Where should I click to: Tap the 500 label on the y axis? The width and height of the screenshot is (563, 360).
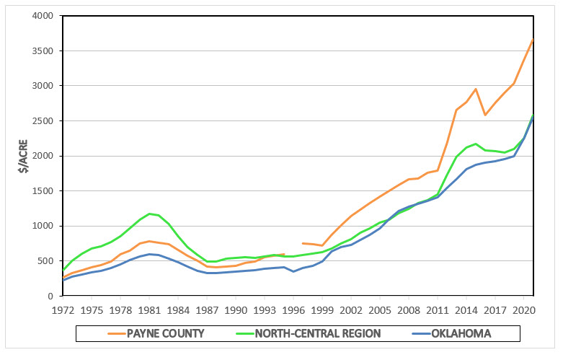(48, 261)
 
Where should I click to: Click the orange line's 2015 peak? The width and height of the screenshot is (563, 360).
(476, 89)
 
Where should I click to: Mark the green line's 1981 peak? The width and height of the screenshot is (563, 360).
(149, 214)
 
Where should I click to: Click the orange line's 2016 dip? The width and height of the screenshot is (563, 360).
(485, 115)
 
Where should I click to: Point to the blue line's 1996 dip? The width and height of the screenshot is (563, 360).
(293, 271)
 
